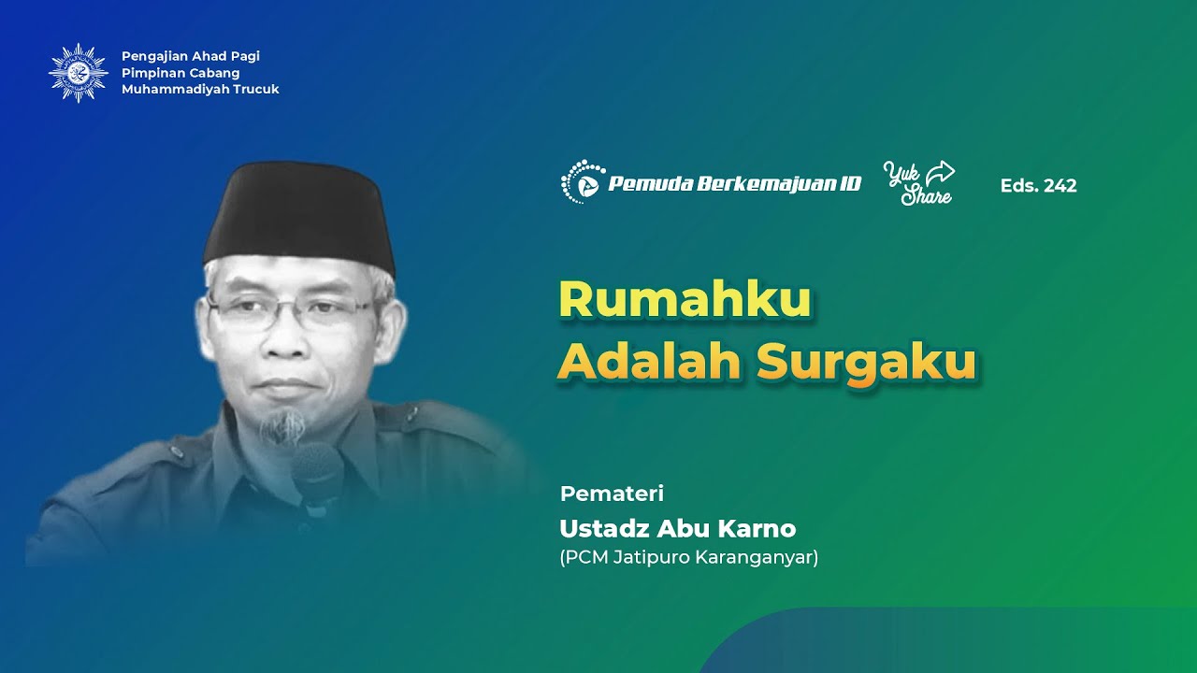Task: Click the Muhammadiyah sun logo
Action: point(78,73)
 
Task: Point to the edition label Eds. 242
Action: point(1038,186)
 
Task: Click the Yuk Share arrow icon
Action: point(940,173)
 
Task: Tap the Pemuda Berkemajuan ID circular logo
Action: point(583,182)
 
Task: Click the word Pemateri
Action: point(612,494)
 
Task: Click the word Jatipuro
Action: point(651,559)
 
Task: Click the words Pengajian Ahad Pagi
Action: point(191,56)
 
